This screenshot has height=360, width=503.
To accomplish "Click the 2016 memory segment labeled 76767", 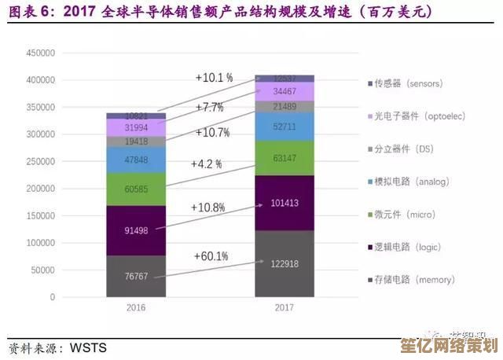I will (136, 277).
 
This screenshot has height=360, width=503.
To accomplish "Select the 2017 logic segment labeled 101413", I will (285, 204).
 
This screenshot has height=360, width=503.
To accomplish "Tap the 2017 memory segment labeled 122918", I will (285, 263).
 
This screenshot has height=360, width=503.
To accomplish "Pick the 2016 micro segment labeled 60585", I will (136, 189).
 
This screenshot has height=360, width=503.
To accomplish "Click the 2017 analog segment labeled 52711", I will (285, 126).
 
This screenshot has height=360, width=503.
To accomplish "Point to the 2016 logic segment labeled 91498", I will (136, 230).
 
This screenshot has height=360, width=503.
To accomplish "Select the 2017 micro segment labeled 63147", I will (285, 158).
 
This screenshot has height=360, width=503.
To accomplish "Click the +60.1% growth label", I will (211, 256).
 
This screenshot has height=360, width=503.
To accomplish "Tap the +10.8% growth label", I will (208, 208).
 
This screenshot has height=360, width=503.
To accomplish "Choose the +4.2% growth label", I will (206, 164).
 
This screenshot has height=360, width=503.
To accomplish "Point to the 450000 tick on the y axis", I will (40, 53).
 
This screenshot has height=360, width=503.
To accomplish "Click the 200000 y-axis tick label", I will (40, 189).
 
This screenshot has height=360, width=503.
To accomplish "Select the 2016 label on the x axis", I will (136, 308).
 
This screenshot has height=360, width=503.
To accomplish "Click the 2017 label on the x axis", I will (285, 308).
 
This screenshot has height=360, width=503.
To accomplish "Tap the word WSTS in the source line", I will (88, 347).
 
